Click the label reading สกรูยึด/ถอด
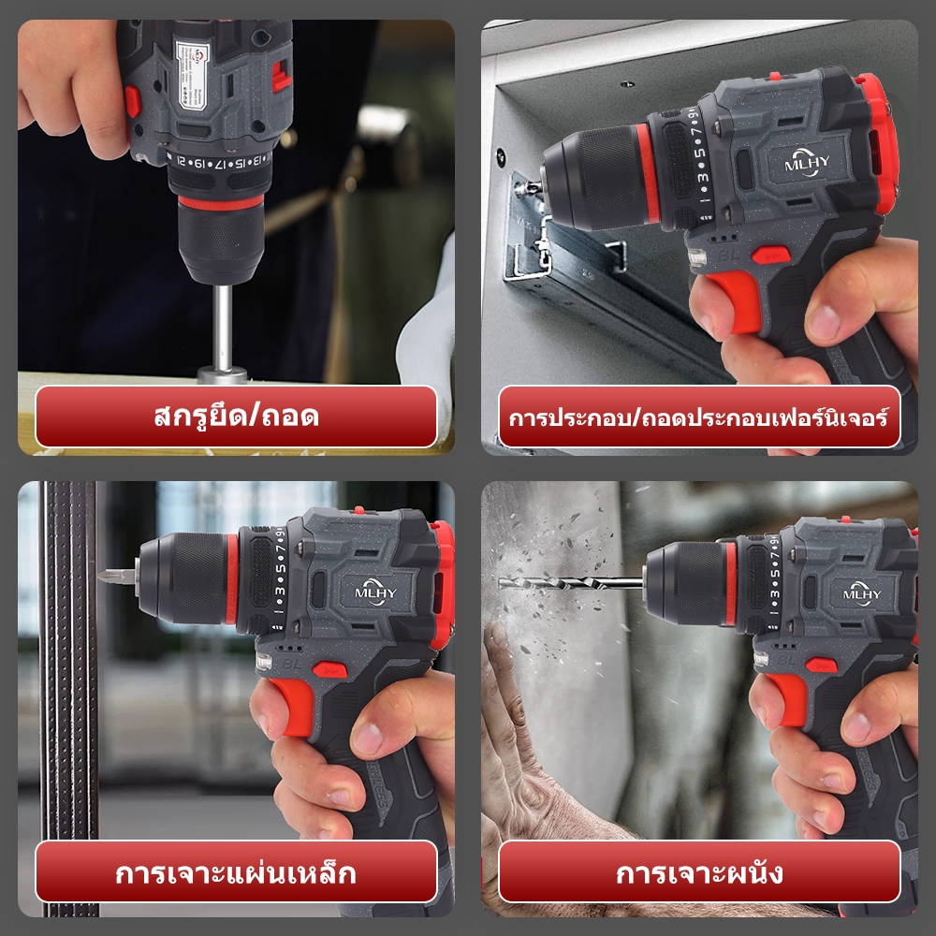pyautogui.click(x=236, y=417)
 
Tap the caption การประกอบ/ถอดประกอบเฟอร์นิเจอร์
pyautogui.click(x=699, y=417)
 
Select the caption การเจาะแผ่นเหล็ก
pyautogui.click(x=236, y=872)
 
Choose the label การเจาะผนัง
pyautogui.click(x=699, y=872)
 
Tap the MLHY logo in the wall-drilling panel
pyautogui.click(x=862, y=592)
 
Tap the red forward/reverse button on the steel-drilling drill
pyautogui.click(x=327, y=669)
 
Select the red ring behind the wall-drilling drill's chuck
pyautogui.click(x=731, y=583)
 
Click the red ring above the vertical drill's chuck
pyautogui.click(x=221, y=201)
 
